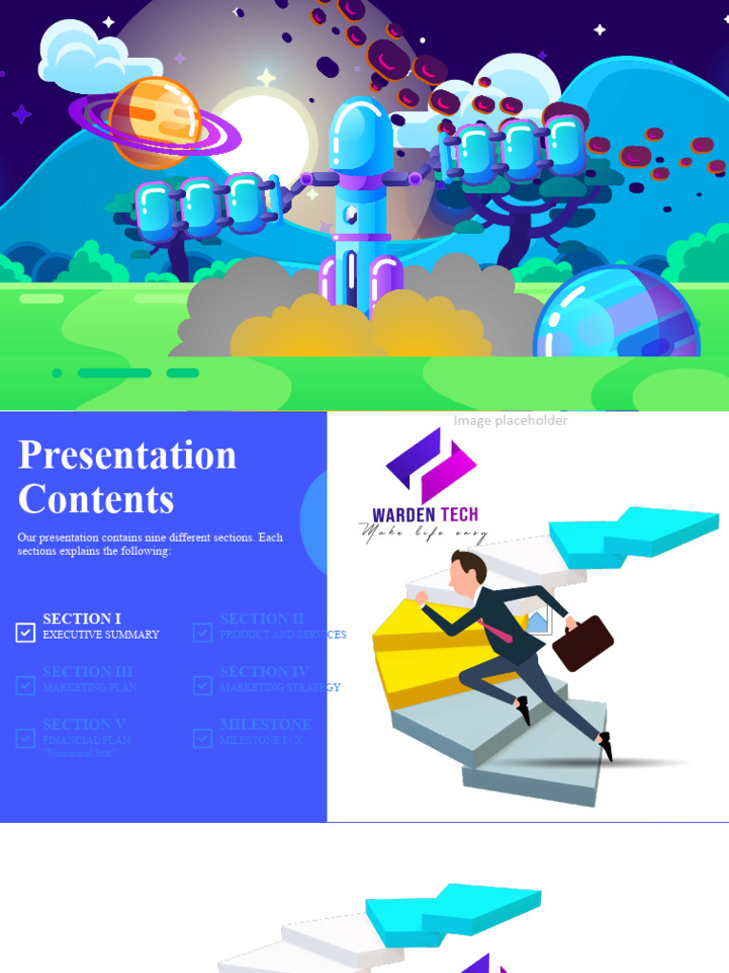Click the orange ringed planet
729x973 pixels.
click(155, 121)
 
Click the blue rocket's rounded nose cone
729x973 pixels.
click(361, 133)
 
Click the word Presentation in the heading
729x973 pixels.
click(127, 455)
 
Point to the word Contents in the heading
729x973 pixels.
click(96, 500)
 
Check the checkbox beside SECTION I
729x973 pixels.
click(26, 632)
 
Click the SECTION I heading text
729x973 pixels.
click(82, 619)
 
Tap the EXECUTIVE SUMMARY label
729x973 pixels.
click(101, 635)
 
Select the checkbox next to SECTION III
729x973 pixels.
click(26, 685)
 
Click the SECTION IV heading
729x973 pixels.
click(264, 672)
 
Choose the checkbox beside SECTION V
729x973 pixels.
click(26, 738)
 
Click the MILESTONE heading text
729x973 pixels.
click(265, 724)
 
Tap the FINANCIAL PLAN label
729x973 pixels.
click(86, 740)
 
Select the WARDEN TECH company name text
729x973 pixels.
click(425, 516)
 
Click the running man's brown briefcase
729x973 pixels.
click(582, 642)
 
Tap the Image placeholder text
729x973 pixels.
click(510, 420)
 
